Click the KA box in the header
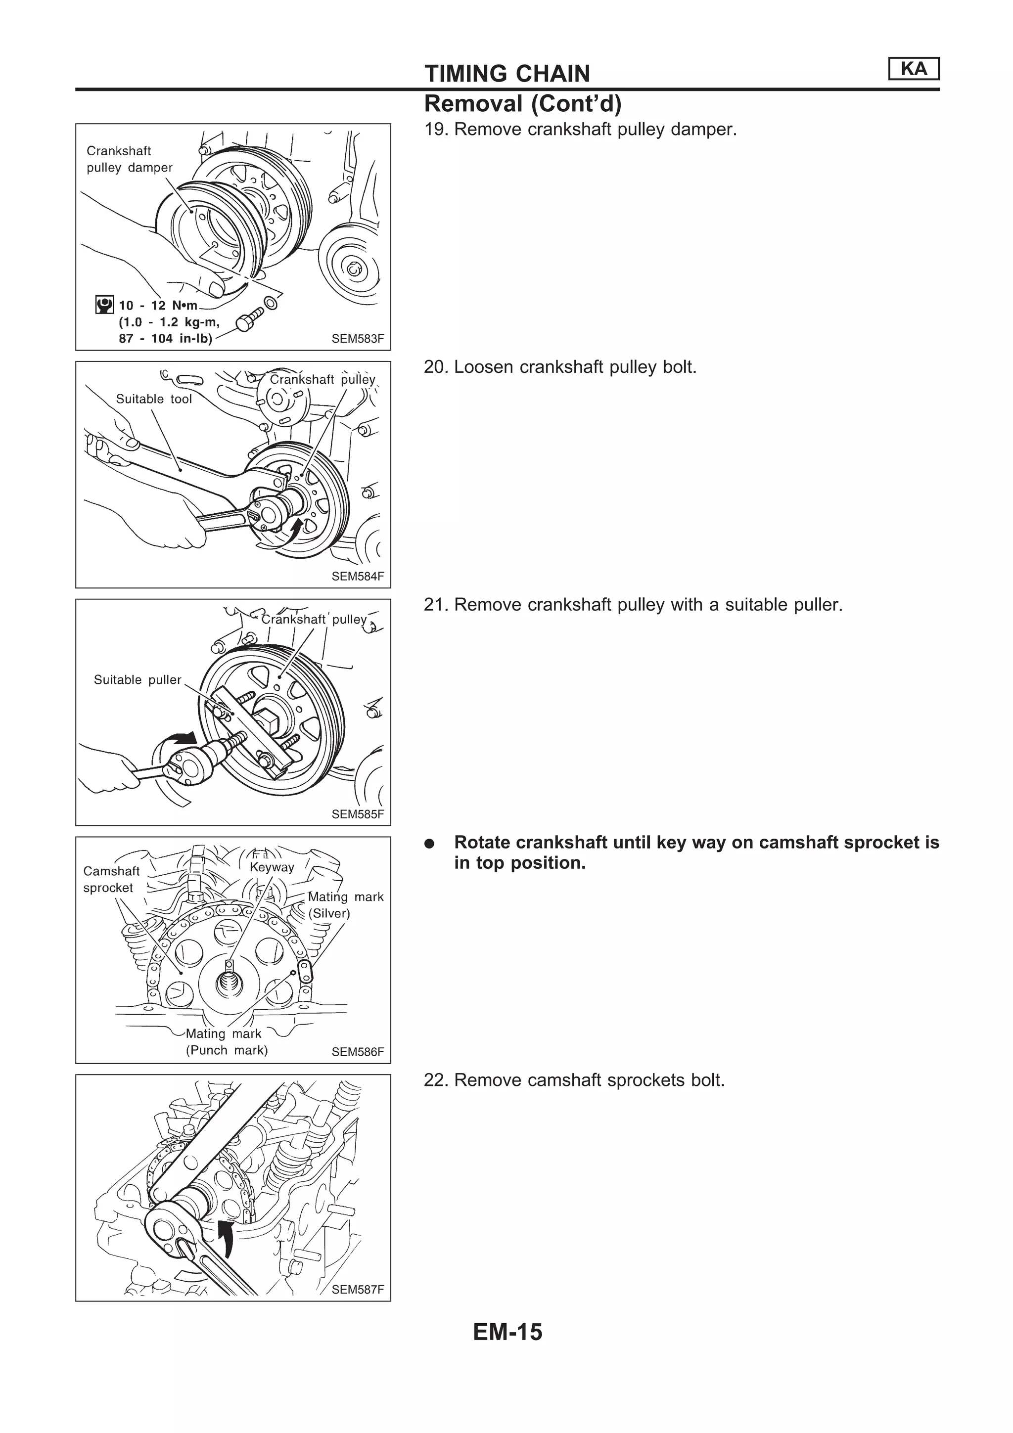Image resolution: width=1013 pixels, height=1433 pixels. (913, 69)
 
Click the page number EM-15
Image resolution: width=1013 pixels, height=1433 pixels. (507, 1332)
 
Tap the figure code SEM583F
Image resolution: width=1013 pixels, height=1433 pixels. (358, 339)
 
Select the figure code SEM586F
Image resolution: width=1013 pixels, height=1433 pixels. (358, 1052)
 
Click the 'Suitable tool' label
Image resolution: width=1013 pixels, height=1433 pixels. (153, 399)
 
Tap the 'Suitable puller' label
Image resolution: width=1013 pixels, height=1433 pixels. (138, 680)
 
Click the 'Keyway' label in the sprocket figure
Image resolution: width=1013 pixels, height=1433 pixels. (272, 867)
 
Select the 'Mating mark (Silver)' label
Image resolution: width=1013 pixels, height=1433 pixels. (345, 905)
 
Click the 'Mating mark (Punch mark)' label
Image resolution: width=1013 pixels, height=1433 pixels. (226, 1042)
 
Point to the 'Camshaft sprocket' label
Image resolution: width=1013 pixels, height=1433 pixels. (111, 879)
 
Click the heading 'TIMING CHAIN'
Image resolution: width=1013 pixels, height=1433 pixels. (507, 74)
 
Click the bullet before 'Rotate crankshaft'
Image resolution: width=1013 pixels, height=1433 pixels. (429, 844)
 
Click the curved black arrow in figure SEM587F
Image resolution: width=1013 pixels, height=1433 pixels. (227, 1238)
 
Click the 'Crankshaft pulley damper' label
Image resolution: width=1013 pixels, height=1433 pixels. (129, 159)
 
